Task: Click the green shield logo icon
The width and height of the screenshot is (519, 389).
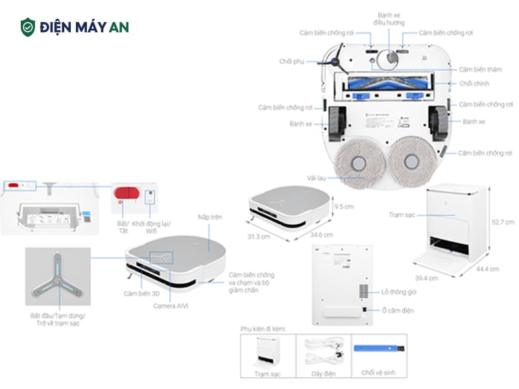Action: pyautogui.click(x=27, y=27)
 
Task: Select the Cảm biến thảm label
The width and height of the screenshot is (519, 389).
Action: pyautogui.click(x=479, y=69)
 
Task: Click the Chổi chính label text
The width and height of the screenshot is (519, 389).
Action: pyautogui.click(x=474, y=84)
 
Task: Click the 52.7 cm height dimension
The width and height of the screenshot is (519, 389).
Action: pyautogui.click(x=503, y=222)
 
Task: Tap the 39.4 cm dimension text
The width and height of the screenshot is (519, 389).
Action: pyautogui.click(x=426, y=277)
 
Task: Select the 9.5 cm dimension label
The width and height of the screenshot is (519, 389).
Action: pyautogui.click(x=344, y=207)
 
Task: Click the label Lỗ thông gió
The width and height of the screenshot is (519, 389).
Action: pyautogui.click(x=398, y=292)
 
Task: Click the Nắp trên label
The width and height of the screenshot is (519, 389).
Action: pyautogui.click(x=210, y=218)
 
